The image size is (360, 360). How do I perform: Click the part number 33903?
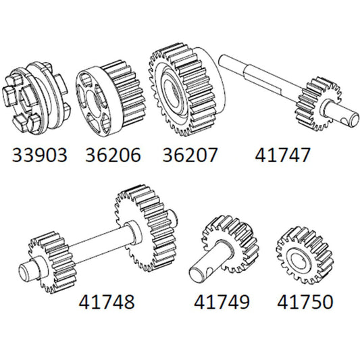click(x=40, y=156)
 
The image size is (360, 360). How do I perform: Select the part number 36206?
click(x=113, y=156)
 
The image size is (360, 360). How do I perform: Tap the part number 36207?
click(x=190, y=156)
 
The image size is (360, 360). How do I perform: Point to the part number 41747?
click(x=284, y=156)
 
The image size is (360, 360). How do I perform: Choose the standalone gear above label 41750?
click(x=303, y=251)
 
